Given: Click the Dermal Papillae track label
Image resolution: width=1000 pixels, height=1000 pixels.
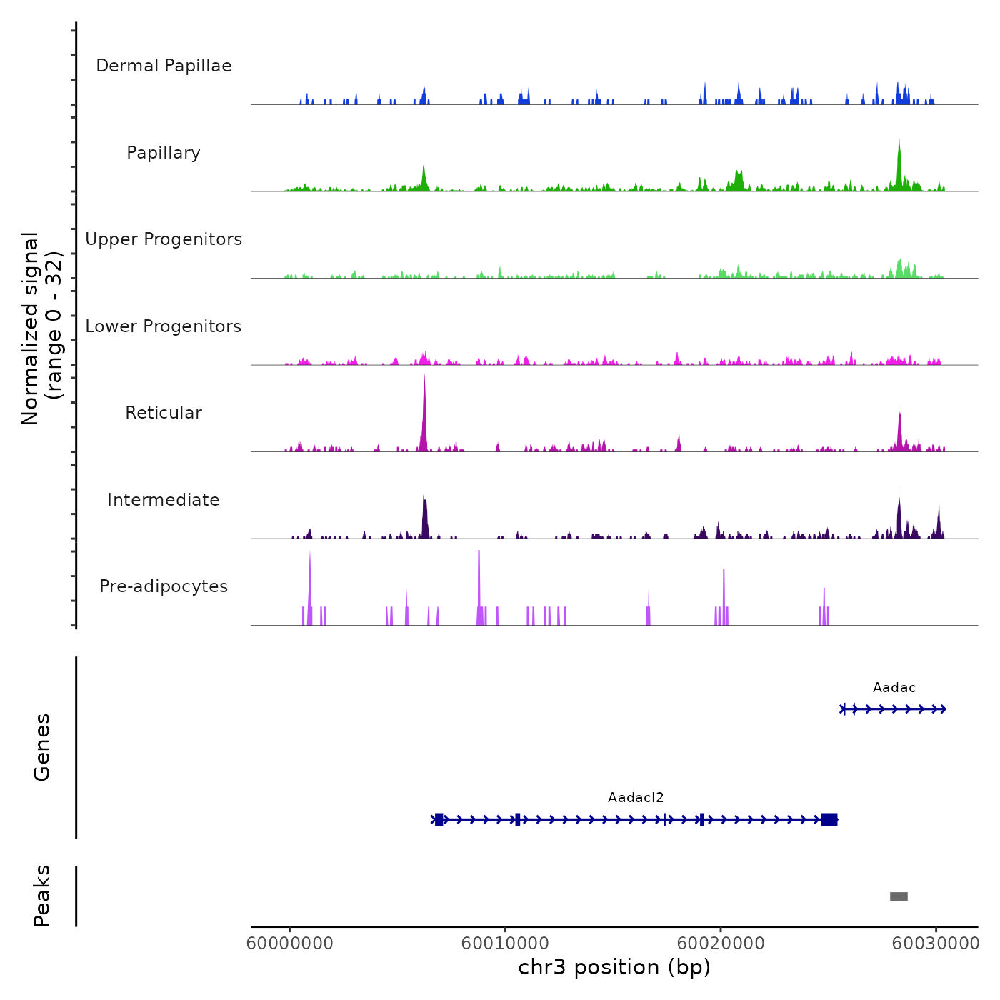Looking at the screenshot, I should coord(164,66).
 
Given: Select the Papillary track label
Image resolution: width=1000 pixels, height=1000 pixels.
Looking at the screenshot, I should coord(164,153).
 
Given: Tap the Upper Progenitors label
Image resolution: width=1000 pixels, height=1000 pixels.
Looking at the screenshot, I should coord(164,239).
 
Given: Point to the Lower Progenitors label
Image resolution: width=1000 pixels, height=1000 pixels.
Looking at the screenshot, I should coord(164,326).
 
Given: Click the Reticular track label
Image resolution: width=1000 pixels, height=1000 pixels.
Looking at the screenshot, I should coord(164,413).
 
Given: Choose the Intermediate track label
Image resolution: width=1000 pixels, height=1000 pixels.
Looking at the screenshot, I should coord(164,500).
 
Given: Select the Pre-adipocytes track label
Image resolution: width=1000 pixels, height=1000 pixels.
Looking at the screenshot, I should coord(164,586).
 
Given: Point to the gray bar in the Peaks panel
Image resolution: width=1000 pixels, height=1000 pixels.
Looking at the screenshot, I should coord(899,896).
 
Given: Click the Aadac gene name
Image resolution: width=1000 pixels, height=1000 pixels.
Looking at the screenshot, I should coord(894,688).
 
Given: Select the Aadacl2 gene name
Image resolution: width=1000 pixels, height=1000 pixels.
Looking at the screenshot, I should coord(636,798).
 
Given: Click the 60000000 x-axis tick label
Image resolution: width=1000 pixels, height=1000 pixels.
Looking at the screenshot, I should coord(290,944).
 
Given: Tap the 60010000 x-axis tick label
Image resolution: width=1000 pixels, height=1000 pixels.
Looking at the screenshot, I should coord(505,944).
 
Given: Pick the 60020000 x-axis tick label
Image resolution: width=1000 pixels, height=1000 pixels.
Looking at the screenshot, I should coord(721,944).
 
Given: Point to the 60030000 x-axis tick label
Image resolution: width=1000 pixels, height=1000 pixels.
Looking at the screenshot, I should coord(936,944).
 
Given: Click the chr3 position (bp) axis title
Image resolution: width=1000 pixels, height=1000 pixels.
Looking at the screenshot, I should coord(614,968).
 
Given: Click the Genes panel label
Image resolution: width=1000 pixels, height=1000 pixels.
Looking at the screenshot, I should coord(41,747).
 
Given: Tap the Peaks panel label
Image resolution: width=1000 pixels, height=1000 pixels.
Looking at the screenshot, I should coord(41,896).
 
